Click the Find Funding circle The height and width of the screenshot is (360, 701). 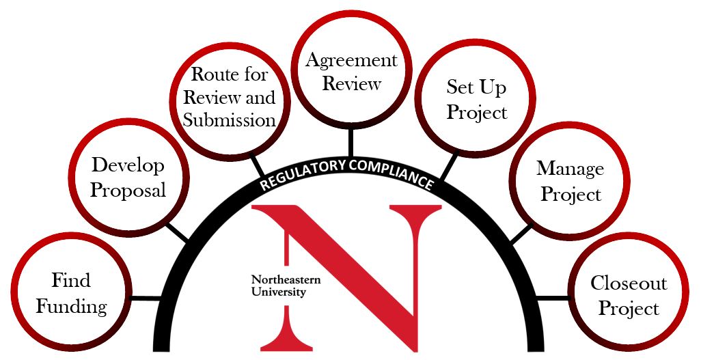71,293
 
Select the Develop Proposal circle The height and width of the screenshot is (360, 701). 128,177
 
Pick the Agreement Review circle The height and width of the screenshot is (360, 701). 350,71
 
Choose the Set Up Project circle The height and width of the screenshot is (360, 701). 476,99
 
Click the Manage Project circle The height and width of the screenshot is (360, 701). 570,181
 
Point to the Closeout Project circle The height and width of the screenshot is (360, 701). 628,295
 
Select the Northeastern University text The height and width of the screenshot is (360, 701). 286,286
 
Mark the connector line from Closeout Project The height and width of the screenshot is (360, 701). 553,298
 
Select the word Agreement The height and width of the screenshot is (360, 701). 350,60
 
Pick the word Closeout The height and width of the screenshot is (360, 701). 628,283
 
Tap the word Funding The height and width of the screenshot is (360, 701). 71,306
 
